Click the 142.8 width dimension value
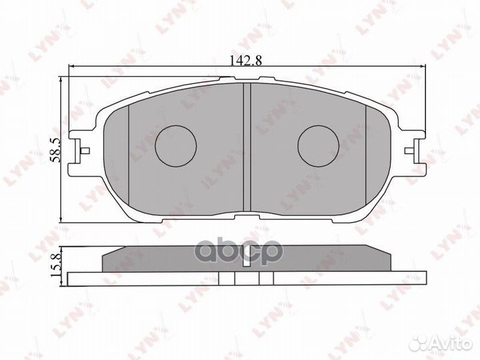click(x=246, y=61)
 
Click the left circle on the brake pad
click(x=176, y=146)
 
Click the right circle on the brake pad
click(x=319, y=146)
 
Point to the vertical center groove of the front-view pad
click(x=247, y=147)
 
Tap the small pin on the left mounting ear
click(x=85, y=151)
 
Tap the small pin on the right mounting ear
click(x=409, y=151)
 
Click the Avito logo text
click(x=450, y=343)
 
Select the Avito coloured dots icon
click(x=419, y=343)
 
